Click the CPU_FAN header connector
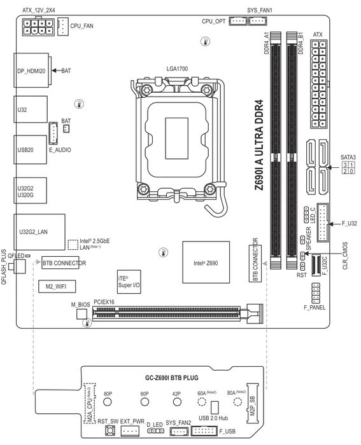tap(63, 27)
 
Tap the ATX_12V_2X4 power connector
tap(38, 27)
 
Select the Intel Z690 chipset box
tap(206, 262)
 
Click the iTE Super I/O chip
tap(129, 282)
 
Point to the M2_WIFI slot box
tap(57, 286)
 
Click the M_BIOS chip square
tap(81, 314)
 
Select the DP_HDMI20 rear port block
tap(31, 71)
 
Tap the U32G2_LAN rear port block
tap(39, 232)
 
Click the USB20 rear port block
tap(30, 149)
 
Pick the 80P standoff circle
tap(108, 402)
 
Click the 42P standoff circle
tap(177, 402)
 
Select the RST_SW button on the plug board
tap(110, 430)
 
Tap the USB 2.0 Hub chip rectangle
tap(215, 407)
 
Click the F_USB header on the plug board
tap(204, 431)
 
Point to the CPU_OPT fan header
tap(238, 21)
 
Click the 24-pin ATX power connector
tap(318, 85)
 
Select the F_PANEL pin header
tap(316, 292)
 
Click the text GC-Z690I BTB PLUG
tap(172, 378)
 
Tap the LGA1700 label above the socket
tap(177, 69)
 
